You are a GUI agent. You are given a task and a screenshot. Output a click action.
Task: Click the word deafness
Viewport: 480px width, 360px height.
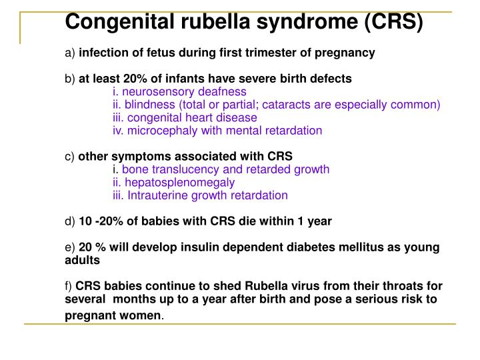point(223,91)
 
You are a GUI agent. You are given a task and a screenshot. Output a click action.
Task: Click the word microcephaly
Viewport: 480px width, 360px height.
point(160,130)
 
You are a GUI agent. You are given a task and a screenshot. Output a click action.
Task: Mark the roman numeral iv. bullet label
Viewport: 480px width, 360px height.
point(119,130)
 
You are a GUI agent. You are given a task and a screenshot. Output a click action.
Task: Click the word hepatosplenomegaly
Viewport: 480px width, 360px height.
point(179,182)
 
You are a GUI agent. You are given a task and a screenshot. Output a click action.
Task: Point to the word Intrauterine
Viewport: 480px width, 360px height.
point(157,195)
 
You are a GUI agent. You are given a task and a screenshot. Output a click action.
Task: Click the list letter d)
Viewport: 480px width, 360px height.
point(70,221)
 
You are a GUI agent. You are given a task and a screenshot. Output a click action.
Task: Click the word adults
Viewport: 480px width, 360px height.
point(82,259)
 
